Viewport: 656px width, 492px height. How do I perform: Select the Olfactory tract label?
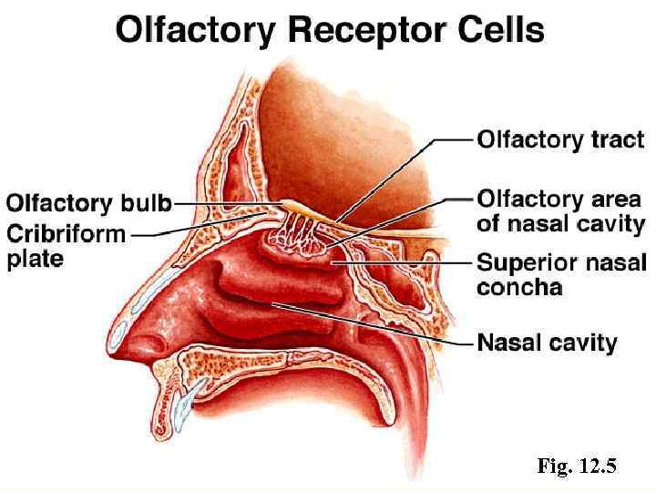(560, 140)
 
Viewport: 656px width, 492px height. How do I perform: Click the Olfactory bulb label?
(89, 202)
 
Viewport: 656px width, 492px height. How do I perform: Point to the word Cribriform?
(67, 233)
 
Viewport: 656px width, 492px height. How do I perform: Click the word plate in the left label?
(36, 259)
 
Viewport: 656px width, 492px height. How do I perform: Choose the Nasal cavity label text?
(548, 343)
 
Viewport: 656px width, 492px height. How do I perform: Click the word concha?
(519, 288)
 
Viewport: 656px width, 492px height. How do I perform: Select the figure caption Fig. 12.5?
(577, 467)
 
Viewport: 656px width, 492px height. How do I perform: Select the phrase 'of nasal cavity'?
(560, 223)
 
